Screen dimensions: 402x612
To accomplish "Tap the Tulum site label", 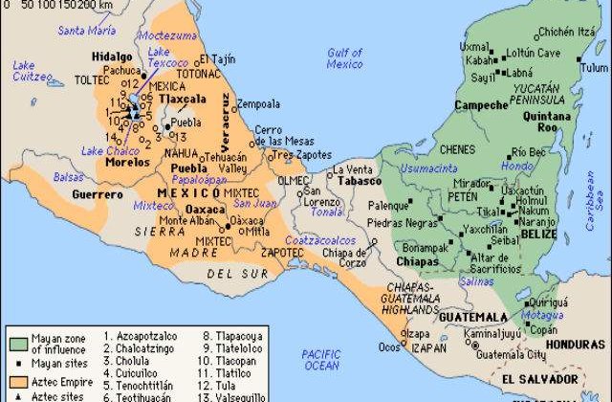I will click(595, 68).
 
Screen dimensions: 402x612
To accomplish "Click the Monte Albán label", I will click(187, 221).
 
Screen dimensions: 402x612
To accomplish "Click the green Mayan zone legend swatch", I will click(16, 341).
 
